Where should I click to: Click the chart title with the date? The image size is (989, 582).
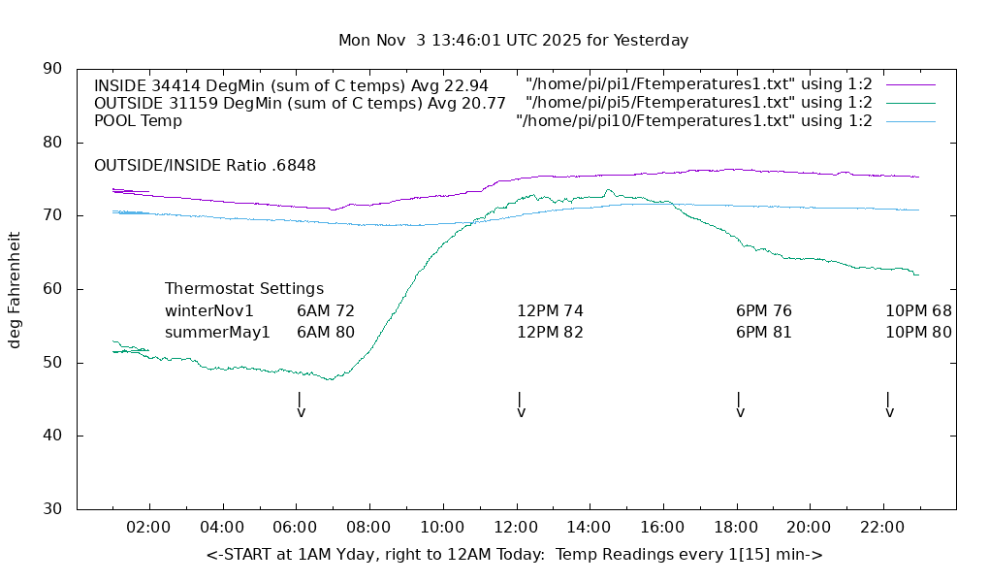513,41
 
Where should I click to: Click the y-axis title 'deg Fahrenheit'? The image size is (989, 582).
15,289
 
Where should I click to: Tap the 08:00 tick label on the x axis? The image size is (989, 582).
368,528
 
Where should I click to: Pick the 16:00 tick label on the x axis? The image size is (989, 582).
661,528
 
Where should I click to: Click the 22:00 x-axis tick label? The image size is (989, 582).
881,528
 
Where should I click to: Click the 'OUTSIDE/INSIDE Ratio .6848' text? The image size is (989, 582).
205,166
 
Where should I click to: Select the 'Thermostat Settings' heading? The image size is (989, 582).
244,289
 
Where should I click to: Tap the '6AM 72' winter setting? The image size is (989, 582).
326,311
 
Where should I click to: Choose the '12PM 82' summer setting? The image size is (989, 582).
550,333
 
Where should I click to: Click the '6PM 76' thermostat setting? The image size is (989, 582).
764,311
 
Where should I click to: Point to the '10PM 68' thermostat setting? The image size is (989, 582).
918,311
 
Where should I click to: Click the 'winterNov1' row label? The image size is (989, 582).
209,311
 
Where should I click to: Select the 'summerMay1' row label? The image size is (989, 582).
217,333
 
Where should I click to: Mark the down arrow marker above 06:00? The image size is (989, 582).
301,404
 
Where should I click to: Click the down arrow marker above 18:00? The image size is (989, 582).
740,404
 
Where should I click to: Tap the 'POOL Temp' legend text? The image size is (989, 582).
138,121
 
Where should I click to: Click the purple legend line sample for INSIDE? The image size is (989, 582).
909,84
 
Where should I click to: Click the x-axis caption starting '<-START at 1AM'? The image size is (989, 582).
514,555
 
